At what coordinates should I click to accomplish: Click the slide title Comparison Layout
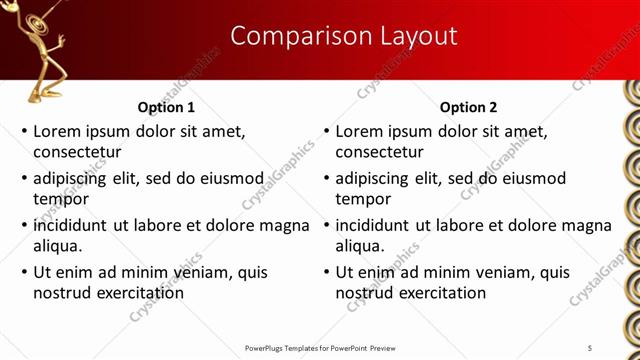click(x=344, y=37)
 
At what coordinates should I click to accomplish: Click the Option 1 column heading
click(x=166, y=107)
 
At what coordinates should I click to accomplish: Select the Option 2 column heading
click(x=468, y=107)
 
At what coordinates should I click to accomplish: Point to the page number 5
click(x=590, y=347)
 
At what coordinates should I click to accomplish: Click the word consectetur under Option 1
click(x=77, y=152)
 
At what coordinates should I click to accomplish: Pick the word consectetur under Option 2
click(x=379, y=152)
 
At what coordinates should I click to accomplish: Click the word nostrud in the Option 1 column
click(x=62, y=293)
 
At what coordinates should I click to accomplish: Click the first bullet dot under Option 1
click(x=24, y=131)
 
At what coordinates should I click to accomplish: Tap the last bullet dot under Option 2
click(x=326, y=272)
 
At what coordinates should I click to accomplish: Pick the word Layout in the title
click(x=417, y=37)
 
